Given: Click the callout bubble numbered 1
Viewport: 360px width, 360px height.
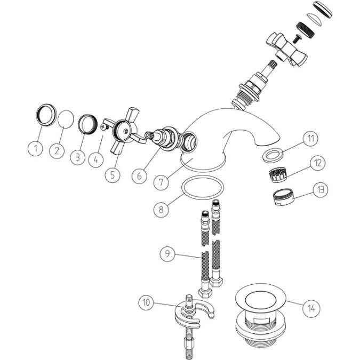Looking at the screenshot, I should [x=35, y=148].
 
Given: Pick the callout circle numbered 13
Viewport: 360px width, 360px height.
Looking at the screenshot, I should [x=322, y=189].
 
